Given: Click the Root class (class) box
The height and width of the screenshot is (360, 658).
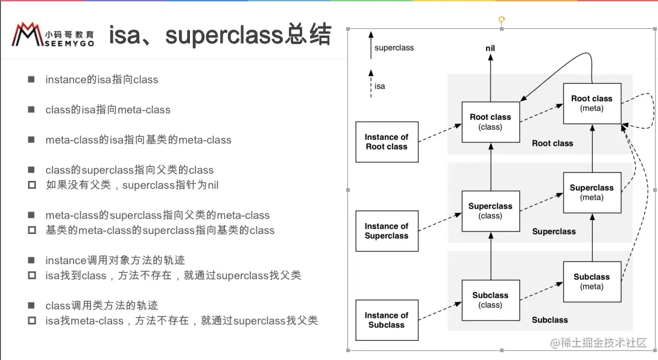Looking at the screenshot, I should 490,122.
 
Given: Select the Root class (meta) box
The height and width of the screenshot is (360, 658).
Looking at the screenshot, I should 592,103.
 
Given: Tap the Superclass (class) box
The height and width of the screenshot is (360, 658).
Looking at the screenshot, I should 490,211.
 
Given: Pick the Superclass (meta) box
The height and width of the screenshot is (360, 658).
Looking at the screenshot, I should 592,192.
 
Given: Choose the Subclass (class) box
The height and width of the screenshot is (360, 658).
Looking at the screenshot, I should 490,300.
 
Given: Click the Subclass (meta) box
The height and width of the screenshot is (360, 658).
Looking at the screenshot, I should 592,282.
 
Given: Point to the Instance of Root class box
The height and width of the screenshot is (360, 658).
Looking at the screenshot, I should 386,142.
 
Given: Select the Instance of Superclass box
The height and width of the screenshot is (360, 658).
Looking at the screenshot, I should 386,231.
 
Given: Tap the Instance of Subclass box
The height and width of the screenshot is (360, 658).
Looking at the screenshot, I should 386,320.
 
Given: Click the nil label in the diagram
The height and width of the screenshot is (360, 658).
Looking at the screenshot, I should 490,48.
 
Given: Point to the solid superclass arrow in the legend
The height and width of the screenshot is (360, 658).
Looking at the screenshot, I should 371,46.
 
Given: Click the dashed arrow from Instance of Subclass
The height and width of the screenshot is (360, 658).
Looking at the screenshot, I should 439,310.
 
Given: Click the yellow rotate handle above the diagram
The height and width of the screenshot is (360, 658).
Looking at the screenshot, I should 501,21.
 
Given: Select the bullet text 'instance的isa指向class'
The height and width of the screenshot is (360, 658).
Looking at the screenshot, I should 101,80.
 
